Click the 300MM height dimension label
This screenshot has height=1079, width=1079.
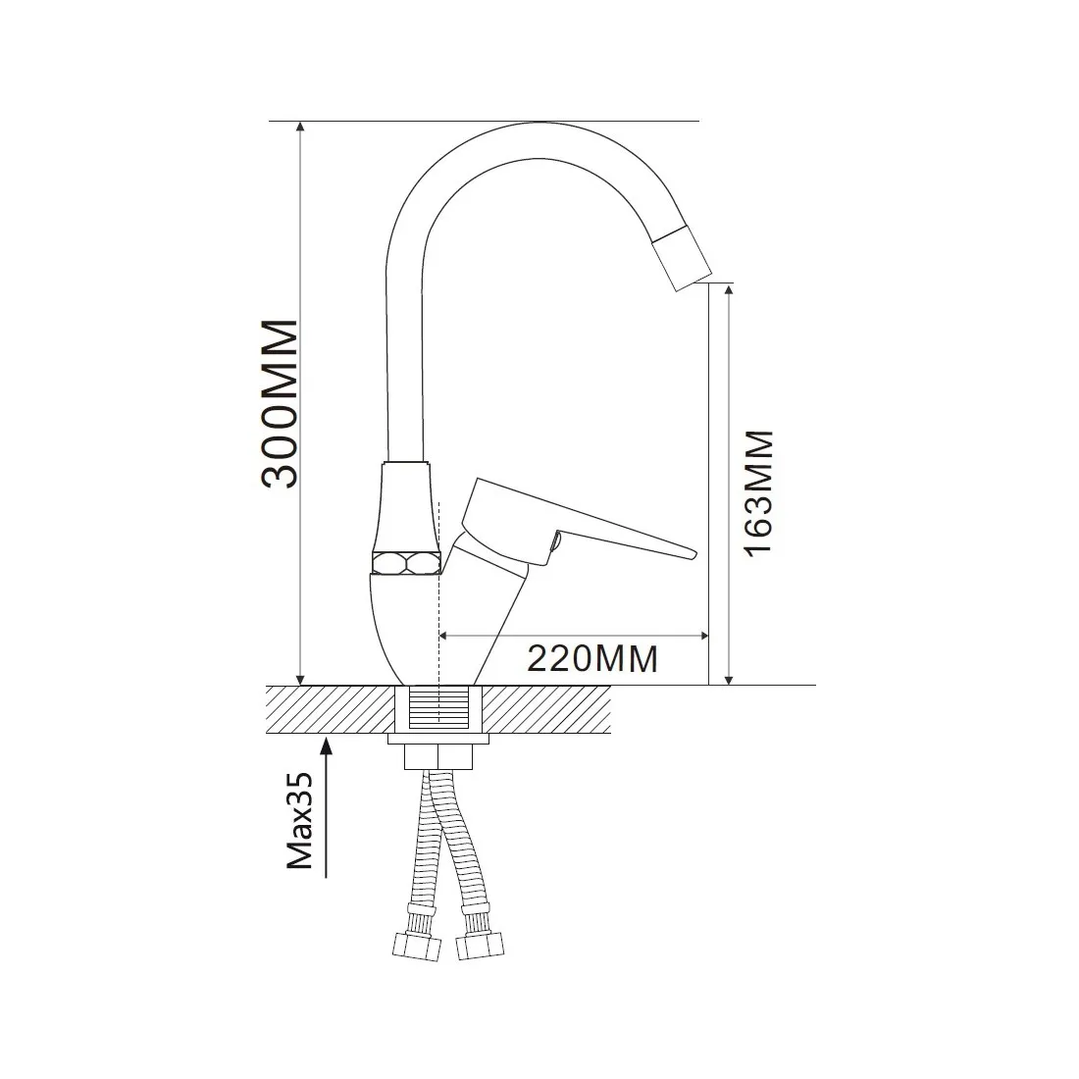click(281, 404)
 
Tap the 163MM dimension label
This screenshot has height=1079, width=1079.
click(759, 493)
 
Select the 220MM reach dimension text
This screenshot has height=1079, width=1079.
click(592, 658)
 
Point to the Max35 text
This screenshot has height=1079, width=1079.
click(299, 820)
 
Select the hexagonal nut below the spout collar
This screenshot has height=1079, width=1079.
click(405, 562)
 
